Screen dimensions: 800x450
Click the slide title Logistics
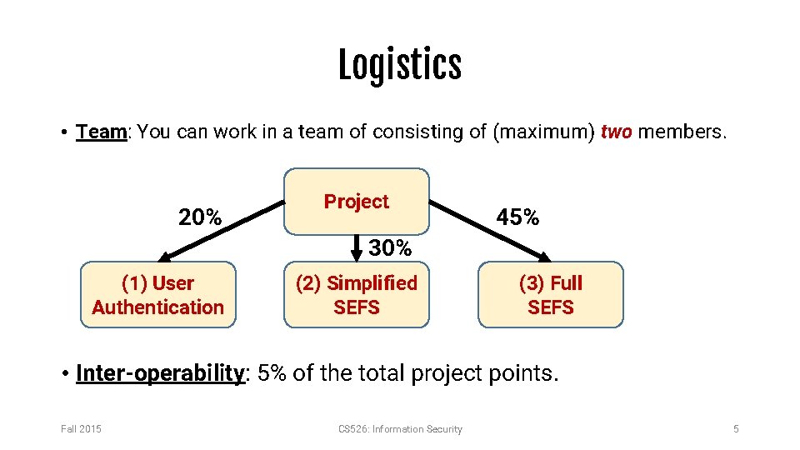tap(400, 66)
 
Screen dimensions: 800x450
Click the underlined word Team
tap(100, 132)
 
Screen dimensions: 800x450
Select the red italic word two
tap(616, 132)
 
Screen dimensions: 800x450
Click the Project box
tap(357, 202)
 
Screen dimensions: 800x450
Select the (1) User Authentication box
tap(158, 295)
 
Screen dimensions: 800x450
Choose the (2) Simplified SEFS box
tap(357, 295)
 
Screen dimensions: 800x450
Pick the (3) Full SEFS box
tap(550, 295)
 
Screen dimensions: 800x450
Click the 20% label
tap(200, 218)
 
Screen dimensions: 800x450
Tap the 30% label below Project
tap(390, 248)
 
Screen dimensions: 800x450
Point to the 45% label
tap(517, 218)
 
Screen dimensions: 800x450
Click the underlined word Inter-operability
tap(159, 372)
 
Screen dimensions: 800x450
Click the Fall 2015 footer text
tap(81, 429)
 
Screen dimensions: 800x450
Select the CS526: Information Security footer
tap(400, 429)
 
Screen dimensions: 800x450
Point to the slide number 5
tap(736, 429)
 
